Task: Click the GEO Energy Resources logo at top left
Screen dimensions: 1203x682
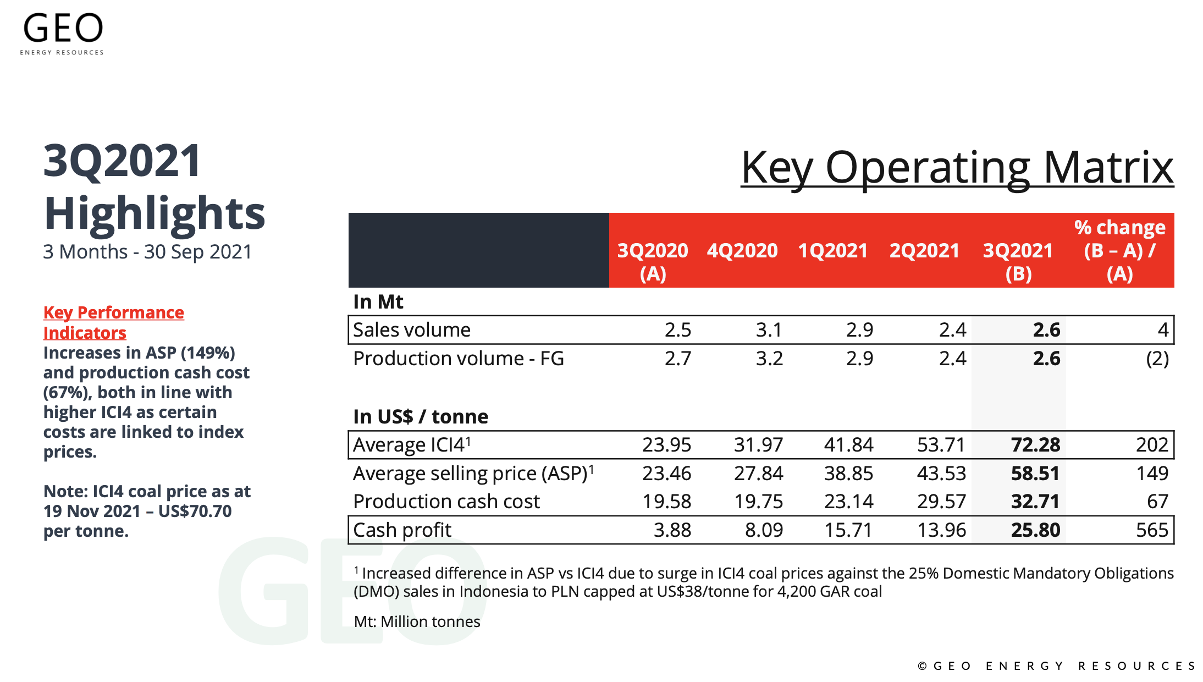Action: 62,34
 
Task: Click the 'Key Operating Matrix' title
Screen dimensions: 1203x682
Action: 957,168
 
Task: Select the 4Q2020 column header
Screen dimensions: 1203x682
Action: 742,251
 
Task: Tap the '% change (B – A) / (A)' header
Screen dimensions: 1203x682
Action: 1120,250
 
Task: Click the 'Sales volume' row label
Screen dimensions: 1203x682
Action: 412,330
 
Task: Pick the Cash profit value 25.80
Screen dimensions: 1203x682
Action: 1035,530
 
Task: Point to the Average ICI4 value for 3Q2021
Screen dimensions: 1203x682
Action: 1035,445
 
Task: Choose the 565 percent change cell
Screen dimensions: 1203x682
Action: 1152,530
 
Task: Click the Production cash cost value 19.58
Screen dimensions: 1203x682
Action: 667,502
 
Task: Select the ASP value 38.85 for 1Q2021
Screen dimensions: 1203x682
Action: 848,474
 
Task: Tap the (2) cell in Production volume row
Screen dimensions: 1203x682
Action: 1157,359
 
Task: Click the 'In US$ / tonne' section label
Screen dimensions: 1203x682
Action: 421,417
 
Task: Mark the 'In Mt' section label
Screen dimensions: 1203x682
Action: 378,302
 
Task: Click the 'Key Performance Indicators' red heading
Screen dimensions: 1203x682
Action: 114,323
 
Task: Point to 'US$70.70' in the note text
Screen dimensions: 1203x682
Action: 195,511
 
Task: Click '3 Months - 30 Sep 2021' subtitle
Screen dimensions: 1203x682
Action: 147,252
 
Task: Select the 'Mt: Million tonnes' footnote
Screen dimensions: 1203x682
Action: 417,621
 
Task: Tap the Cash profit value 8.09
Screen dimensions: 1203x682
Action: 764,530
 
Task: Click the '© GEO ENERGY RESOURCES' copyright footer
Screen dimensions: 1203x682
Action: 1057,666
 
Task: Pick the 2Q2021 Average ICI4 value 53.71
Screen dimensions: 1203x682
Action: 941,445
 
